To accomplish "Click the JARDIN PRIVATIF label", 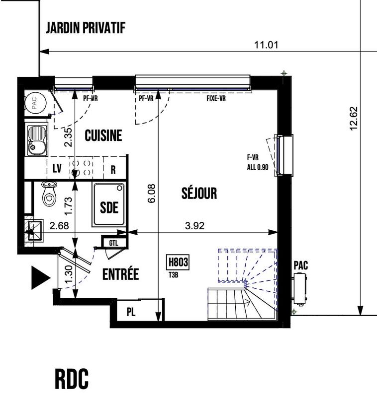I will click(x=85, y=28).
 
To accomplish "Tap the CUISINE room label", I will click(x=103, y=135).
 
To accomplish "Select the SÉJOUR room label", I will click(x=199, y=193).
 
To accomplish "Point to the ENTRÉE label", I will click(x=120, y=274).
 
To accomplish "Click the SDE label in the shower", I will click(x=109, y=207).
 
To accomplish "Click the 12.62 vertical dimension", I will click(x=354, y=119).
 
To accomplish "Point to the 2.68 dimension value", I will click(x=60, y=226).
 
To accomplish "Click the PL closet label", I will click(x=131, y=312).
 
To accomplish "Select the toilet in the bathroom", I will click(x=49, y=194).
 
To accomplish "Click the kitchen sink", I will click(x=36, y=139).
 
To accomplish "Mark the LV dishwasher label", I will click(x=57, y=169).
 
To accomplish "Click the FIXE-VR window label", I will click(x=216, y=98).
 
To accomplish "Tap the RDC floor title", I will click(x=72, y=380).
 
